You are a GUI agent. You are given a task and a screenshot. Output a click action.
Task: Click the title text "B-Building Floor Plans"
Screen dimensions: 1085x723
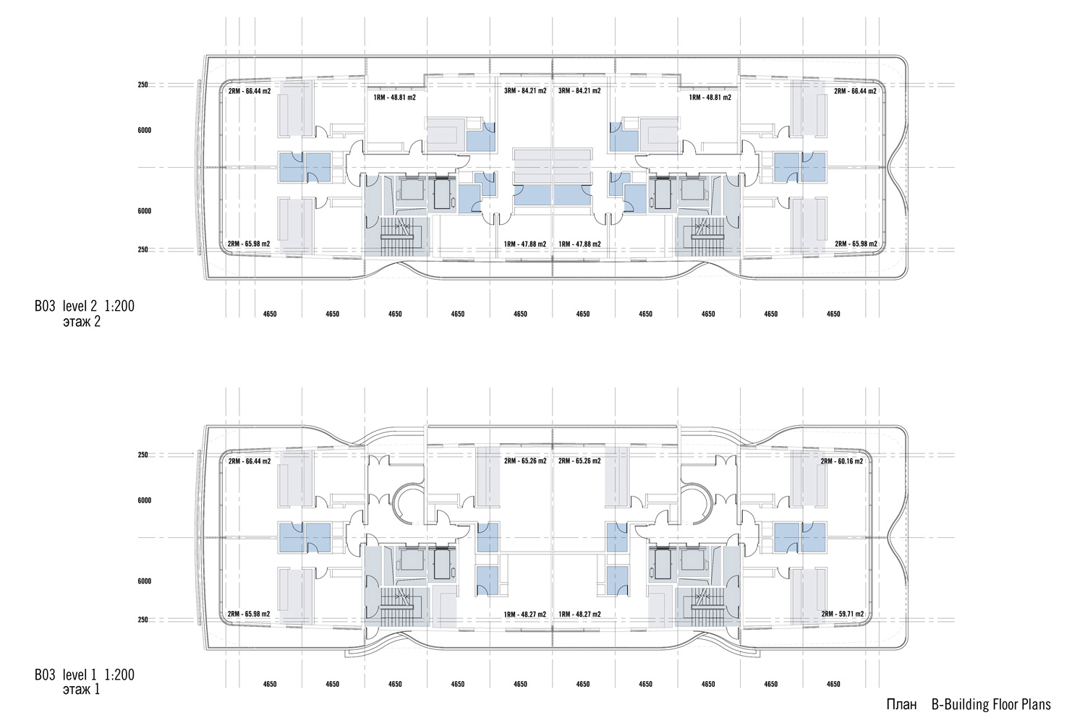[x=991, y=705]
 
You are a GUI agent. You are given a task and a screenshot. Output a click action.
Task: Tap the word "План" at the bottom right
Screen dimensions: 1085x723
[x=902, y=705]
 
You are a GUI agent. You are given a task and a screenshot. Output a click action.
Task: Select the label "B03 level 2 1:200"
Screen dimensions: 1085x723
[x=85, y=306]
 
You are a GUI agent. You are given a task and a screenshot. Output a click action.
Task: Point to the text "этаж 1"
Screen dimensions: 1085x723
[x=81, y=690]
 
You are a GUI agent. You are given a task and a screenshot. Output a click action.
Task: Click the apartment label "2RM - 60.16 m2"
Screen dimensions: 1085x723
[x=842, y=461]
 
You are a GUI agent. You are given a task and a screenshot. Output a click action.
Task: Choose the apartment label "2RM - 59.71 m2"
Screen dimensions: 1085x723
[x=843, y=614]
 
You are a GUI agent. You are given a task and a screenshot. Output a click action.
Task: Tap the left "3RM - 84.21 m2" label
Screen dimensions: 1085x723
[x=525, y=91]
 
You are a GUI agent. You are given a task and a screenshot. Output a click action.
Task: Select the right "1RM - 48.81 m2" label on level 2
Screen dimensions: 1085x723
[x=710, y=98]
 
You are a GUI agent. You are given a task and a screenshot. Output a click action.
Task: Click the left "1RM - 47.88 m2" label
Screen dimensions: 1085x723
[x=525, y=244]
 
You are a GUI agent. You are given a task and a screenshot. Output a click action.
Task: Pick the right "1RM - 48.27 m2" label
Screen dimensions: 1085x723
[x=579, y=615]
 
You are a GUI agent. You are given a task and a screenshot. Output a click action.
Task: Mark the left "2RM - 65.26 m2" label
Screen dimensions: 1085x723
[x=525, y=461]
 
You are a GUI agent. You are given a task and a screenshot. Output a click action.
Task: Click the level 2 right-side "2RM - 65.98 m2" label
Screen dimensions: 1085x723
[x=856, y=244]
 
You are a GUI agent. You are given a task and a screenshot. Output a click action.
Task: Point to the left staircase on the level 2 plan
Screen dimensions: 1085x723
[x=397, y=237]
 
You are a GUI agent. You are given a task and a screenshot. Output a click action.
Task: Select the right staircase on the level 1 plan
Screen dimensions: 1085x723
[x=707, y=607]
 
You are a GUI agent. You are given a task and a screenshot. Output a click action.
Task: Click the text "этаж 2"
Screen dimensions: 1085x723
[x=82, y=322]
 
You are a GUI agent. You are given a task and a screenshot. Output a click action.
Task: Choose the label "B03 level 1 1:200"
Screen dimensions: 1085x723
[x=85, y=675]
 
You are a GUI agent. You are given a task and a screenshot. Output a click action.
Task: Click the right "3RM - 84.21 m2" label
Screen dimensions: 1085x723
[x=579, y=91]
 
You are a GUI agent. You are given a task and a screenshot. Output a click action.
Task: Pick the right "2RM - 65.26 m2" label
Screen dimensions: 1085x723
[x=579, y=461]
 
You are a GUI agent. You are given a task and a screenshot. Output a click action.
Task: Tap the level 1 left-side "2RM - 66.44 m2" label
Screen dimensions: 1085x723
[x=250, y=461]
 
